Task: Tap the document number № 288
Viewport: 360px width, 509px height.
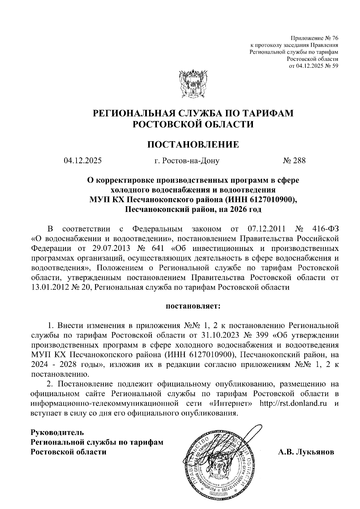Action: [294, 161]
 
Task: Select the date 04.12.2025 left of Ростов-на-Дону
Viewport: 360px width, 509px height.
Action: [82, 161]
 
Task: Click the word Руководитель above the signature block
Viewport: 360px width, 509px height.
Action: [58, 433]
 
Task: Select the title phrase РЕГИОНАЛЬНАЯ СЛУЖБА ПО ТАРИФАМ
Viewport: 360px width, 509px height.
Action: [193, 113]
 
